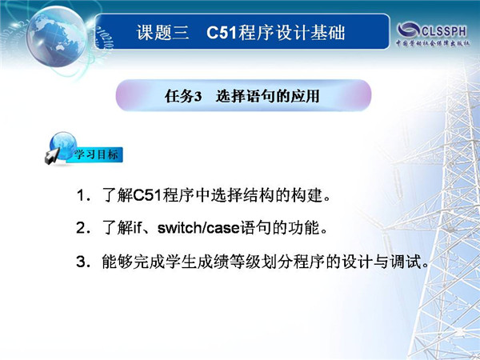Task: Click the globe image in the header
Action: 56,36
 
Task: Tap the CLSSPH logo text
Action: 444,31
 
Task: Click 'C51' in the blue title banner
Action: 222,33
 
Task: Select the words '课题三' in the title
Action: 162,33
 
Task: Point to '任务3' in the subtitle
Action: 183,96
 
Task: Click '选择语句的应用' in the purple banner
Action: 267,96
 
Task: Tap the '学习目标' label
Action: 96,154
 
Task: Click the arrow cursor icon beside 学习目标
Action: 52,155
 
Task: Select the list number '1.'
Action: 83,196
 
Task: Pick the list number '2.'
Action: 83,228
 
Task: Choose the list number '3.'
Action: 83,262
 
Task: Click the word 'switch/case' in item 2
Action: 198,228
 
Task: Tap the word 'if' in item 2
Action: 137,228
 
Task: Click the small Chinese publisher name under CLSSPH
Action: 433,43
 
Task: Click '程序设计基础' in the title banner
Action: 292,33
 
